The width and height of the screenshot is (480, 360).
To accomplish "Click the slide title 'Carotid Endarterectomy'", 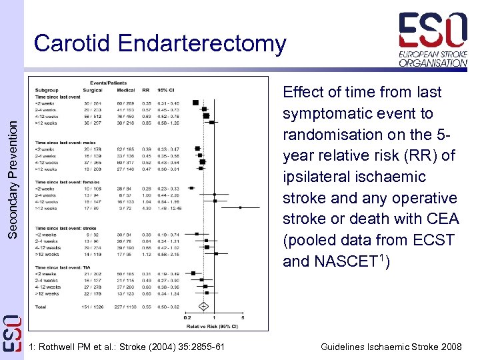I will pyautogui.click(x=160, y=43).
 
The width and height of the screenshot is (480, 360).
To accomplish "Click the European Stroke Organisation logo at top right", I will pyautogui.click(x=433, y=40).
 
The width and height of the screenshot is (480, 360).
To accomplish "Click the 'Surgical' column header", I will pyautogui.click(x=92, y=90).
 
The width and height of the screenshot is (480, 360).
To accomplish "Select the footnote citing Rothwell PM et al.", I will pyautogui.click(x=127, y=347).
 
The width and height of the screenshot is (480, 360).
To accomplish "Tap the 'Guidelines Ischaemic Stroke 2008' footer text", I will pyautogui.click(x=391, y=347).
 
